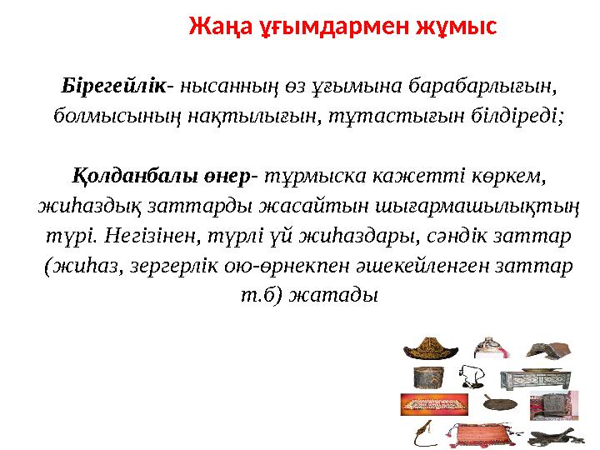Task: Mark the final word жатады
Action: [x=333, y=296]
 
